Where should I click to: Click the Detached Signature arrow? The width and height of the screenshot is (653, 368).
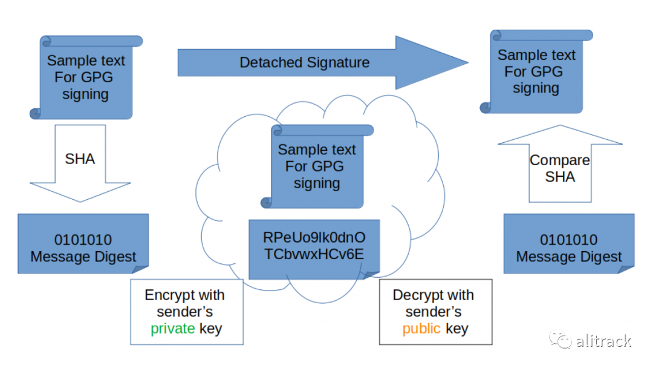click(323, 62)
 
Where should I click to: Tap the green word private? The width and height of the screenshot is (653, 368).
click(173, 329)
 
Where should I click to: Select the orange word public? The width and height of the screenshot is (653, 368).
click(421, 329)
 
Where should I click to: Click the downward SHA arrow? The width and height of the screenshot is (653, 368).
click(80, 163)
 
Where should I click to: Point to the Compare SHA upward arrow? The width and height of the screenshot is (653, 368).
click(560, 163)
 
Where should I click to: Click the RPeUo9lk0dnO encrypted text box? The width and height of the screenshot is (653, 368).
click(314, 249)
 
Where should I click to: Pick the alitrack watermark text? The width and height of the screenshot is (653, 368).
click(604, 341)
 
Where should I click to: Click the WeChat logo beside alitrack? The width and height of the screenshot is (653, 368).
click(560, 339)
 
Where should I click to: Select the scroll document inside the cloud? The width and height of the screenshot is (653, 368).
click(317, 166)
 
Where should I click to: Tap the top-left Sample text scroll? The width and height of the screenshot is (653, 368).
click(86, 77)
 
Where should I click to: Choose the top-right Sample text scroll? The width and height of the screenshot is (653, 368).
click(537, 71)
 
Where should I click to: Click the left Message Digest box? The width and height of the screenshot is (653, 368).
click(83, 244)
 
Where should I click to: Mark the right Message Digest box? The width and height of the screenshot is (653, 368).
click(569, 244)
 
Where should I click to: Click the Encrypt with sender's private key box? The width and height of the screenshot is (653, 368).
click(187, 312)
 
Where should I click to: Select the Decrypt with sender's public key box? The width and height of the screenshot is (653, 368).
click(435, 312)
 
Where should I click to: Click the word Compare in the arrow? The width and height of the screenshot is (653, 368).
click(560, 160)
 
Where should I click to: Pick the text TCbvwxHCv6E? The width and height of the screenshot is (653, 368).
click(314, 254)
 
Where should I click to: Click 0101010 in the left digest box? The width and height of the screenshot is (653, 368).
click(83, 240)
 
